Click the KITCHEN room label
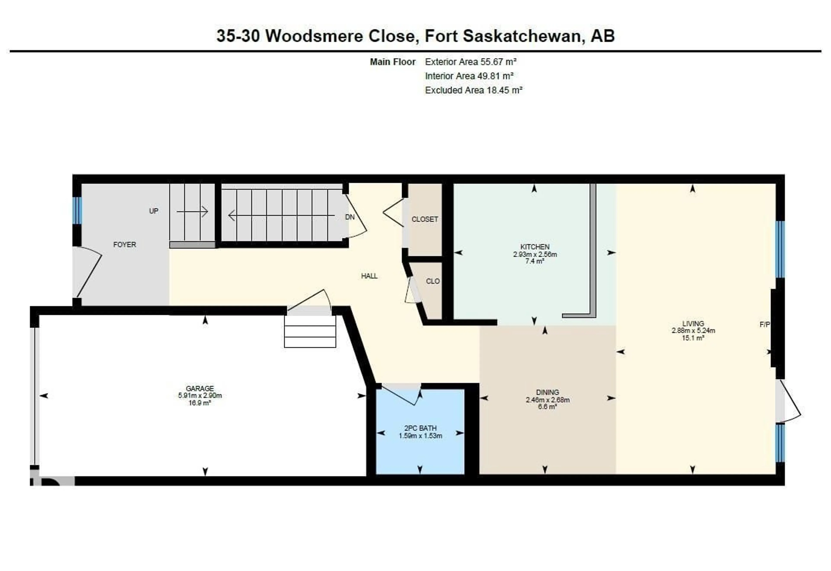point(535,247)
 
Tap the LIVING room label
point(693,323)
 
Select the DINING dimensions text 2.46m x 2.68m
point(548,400)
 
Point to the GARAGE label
point(200,388)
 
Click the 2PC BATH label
point(420,428)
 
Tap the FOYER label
point(124,244)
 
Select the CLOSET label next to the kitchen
point(424,219)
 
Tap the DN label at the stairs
point(350,217)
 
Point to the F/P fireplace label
point(764,324)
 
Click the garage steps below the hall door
point(310,337)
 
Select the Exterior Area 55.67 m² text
point(470,62)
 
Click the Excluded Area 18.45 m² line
point(473,90)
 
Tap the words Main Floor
point(393,62)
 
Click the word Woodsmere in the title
point(314,36)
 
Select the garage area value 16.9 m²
point(200,403)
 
